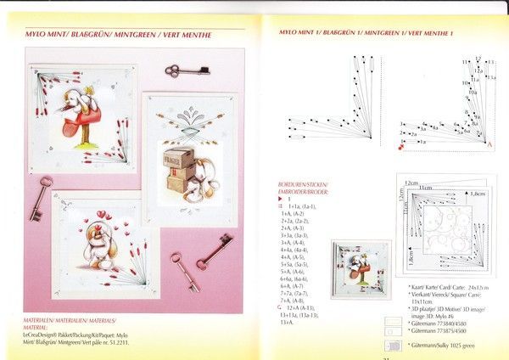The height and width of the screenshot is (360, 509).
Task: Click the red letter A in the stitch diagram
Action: click(x=489, y=145)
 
